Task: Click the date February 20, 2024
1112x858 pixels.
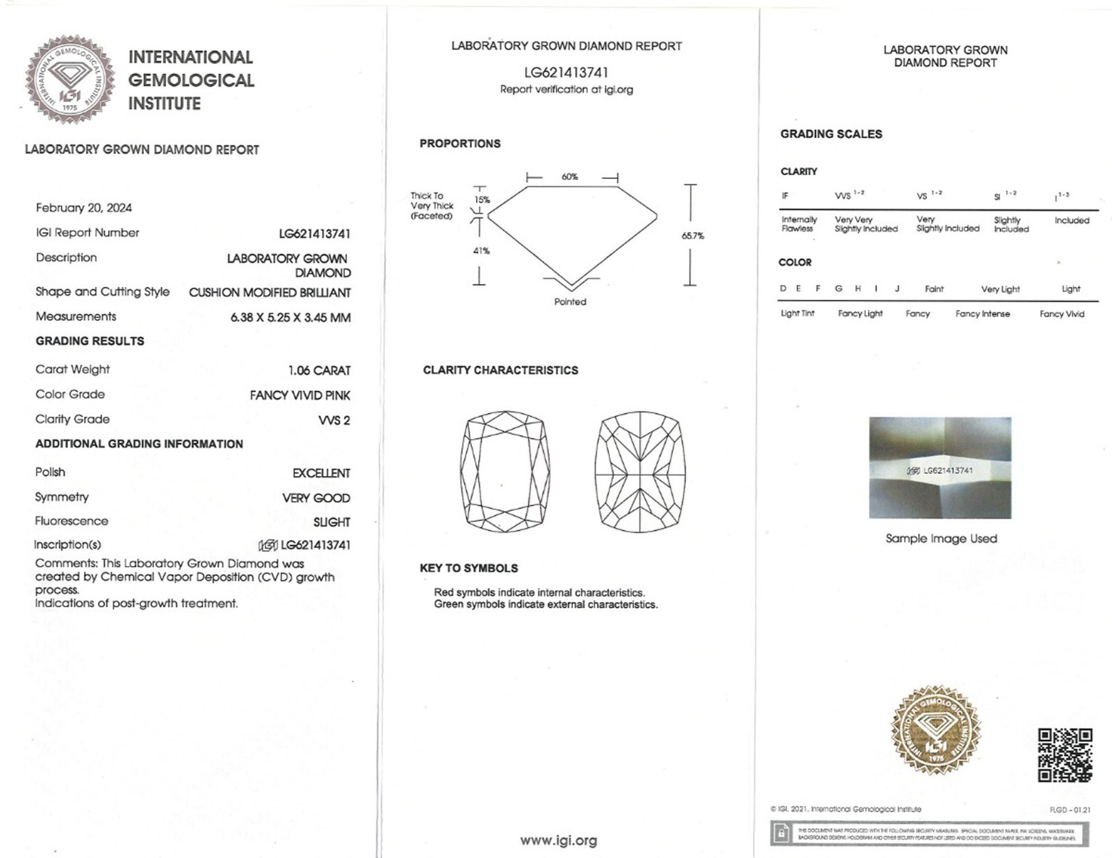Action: click(x=83, y=208)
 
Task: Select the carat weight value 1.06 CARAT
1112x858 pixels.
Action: click(x=319, y=371)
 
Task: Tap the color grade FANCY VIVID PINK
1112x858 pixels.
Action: click(x=300, y=396)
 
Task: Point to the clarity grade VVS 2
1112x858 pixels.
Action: click(x=334, y=420)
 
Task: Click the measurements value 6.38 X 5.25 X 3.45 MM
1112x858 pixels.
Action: click(x=290, y=318)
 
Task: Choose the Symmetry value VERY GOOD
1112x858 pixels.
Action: click(x=316, y=498)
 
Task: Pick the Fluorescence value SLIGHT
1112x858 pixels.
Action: click(x=332, y=522)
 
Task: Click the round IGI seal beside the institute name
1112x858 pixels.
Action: click(x=70, y=79)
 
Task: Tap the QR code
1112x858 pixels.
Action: click(x=1065, y=755)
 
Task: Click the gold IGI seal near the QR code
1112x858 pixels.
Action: click(x=936, y=731)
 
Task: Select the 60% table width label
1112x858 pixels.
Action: click(x=570, y=177)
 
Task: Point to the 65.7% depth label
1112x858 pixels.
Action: click(x=692, y=236)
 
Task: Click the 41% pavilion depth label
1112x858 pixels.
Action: click(x=482, y=250)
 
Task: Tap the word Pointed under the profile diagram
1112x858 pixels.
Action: click(x=570, y=302)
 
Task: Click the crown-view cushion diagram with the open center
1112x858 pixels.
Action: click(x=505, y=471)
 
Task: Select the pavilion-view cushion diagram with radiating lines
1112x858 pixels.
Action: click(x=640, y=471)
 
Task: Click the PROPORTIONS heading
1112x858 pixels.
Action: click(x=459, y=143)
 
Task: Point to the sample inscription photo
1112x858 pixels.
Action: click(x=940, y=468)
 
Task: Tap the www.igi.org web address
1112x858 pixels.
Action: click(x=558, y=841)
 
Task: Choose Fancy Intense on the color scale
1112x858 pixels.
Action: click(x=982, y=314)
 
